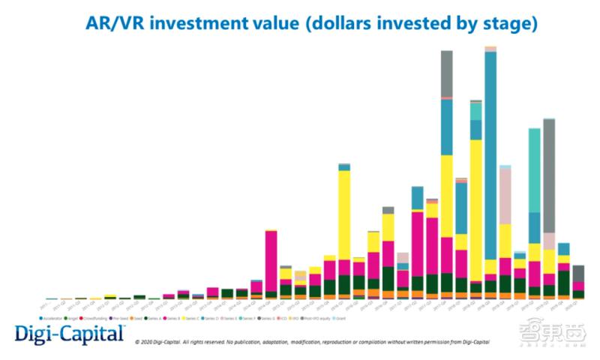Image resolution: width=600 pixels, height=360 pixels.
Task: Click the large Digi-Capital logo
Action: tap(69, 333)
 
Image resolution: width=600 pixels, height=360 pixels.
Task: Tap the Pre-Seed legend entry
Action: tap(118, 318)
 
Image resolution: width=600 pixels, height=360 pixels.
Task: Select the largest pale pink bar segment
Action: tap(505, 196)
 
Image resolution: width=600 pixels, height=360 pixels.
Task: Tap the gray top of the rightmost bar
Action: tap(578, 273)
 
